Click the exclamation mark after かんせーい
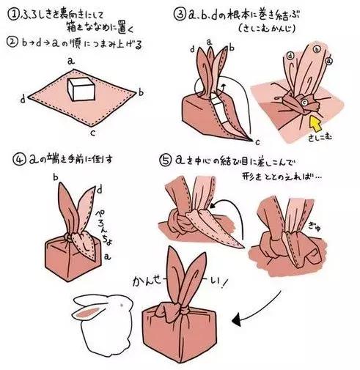point(244,279)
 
